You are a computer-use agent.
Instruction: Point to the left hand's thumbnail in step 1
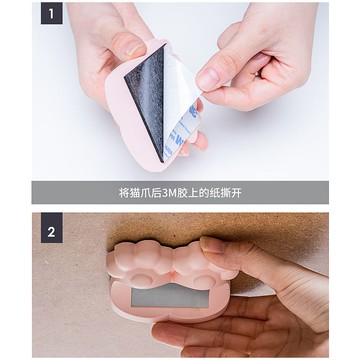[127, 45]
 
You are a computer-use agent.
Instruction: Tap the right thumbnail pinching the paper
[208, 77]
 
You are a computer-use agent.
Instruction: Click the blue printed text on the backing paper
[178, 128]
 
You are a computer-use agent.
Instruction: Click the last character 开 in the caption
[241, 192]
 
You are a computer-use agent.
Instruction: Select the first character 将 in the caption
[123, 192]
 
